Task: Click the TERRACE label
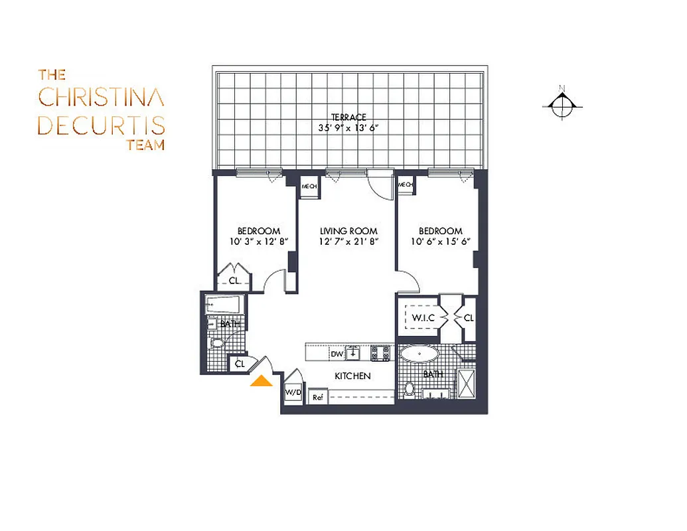point(348,117)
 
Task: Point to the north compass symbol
point(562,105)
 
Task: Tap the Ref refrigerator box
point(317,398)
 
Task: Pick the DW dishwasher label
point(337,354)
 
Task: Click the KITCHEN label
point(352,376)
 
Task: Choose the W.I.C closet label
point(423,318)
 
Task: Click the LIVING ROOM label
point(348,232)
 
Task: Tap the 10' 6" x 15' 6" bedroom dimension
point(440,242)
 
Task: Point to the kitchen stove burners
point(382,353)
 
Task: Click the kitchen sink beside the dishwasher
point(354,352)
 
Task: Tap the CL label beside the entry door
point(240,364)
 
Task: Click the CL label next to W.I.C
point(469,319)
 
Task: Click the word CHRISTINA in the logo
point(101,97)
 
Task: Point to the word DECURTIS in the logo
point(101,125)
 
